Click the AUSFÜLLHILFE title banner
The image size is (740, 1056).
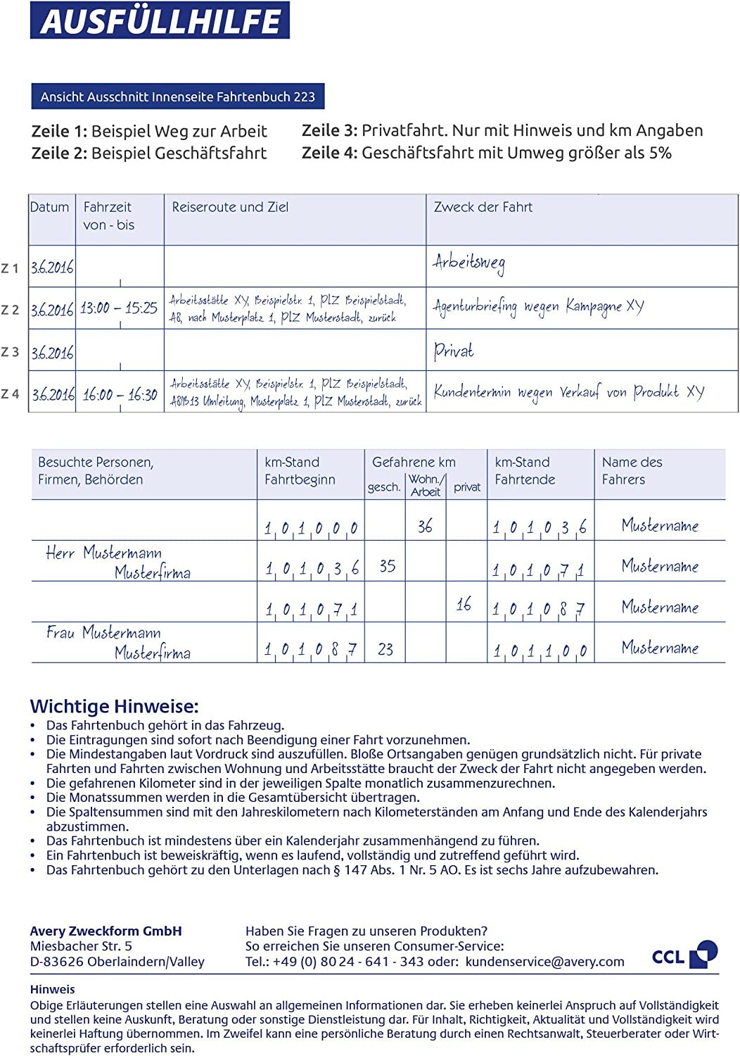tap(160, 20)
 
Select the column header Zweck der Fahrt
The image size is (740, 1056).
tap(483, 207)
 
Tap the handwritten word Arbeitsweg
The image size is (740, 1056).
tap(468, 263)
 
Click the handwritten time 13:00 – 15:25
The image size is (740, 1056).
tap(118, 308)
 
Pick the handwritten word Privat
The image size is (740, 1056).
tap(453, 351)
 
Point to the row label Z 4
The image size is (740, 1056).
tap(11, 394)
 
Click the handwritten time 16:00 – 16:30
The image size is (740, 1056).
tap(120, 394)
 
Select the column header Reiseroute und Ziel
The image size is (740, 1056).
tap(230, 207)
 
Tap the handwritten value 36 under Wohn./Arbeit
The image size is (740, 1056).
tap(425, 526)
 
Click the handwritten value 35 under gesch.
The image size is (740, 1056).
tap(387, 566)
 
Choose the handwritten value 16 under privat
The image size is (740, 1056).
tap(464, 604)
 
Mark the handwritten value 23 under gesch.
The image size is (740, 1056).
tap(385, 649)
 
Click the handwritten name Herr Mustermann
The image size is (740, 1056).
tap(103, 553)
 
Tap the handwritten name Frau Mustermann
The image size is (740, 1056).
tap(103, 632)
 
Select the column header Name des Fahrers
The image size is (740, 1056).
tap(632, 470)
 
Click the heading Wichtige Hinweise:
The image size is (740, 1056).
tap(115, 706)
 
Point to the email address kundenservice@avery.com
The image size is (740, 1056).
tap(544, 962)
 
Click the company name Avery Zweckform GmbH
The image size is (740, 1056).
tap(106, 931)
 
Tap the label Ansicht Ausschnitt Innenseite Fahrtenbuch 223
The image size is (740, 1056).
tap(177, 96)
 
